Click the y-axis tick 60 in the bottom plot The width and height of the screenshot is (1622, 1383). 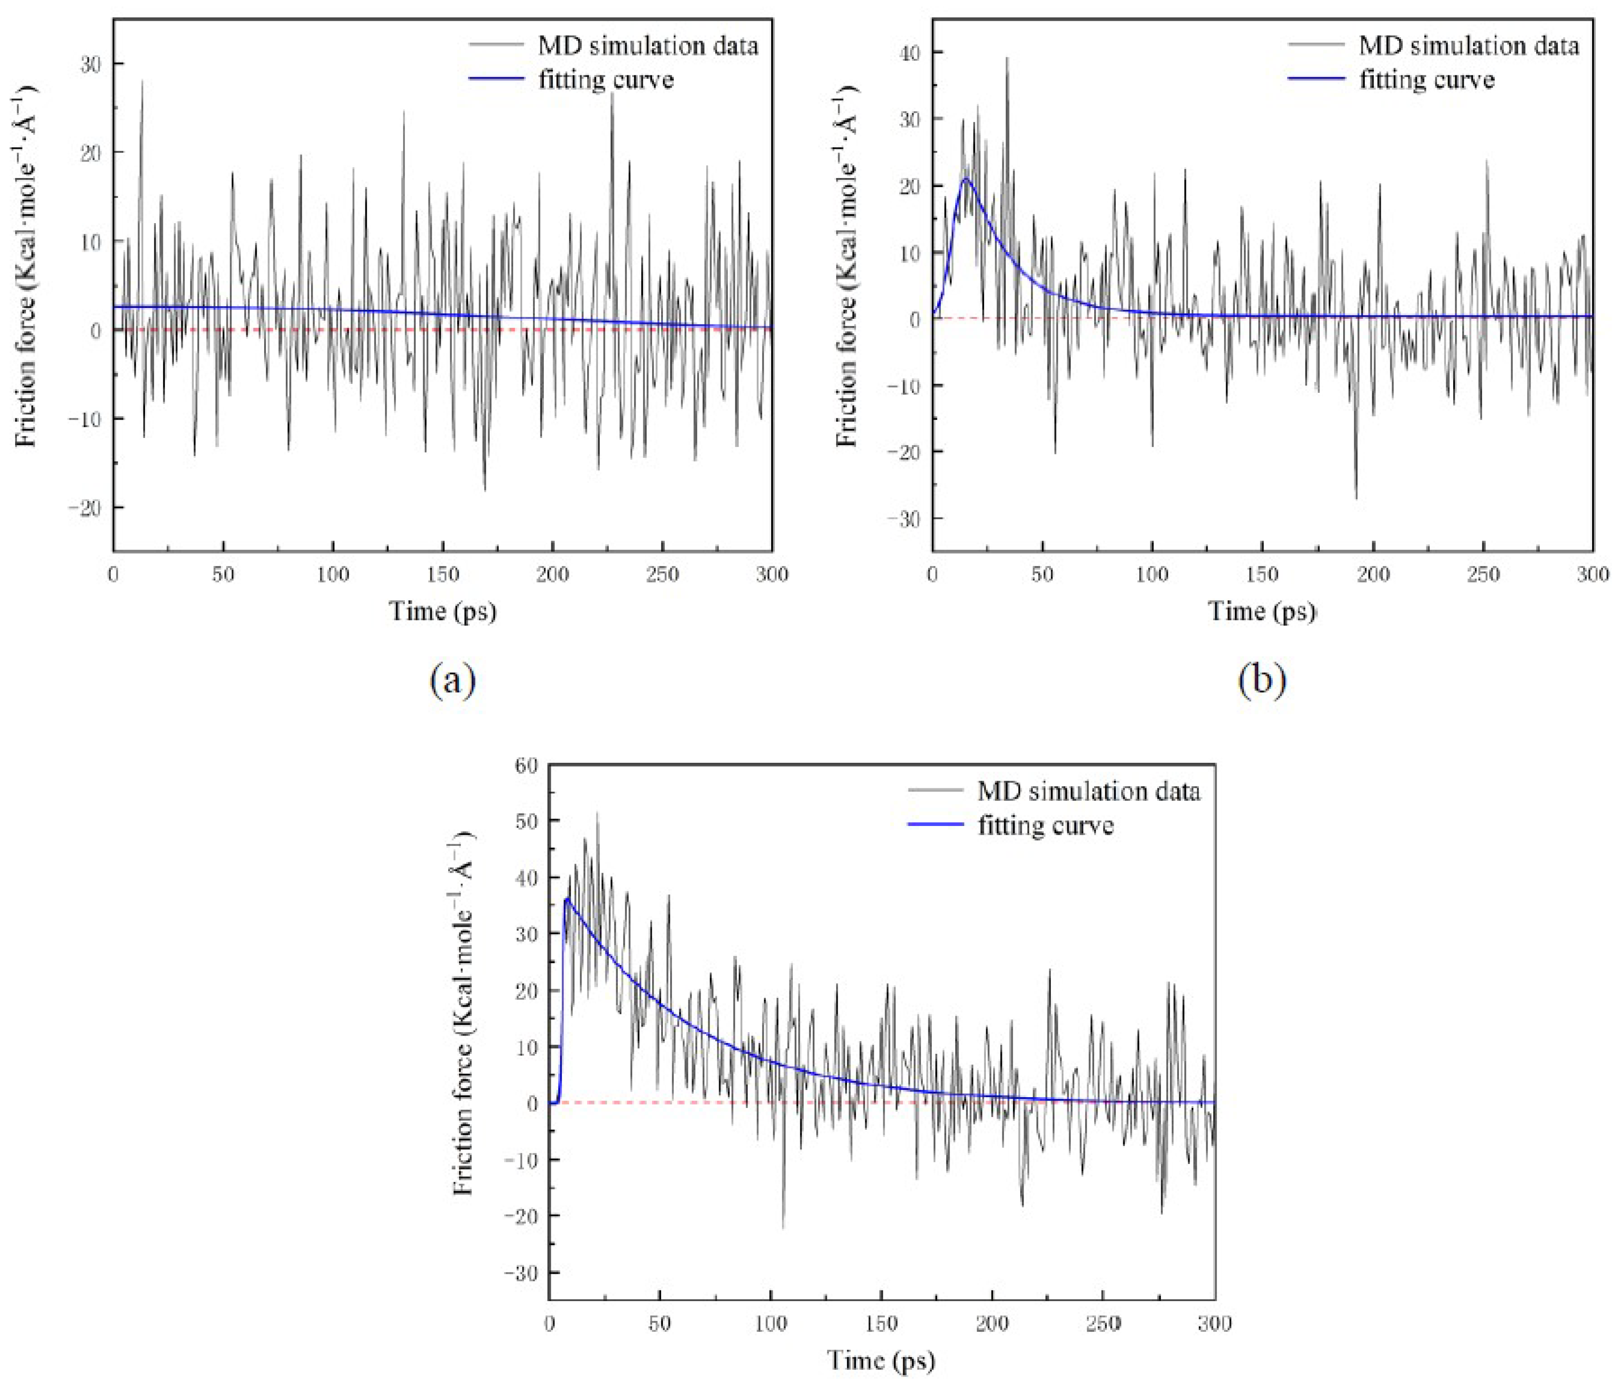(526, 765)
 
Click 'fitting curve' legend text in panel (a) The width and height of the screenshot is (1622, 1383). (606, 80)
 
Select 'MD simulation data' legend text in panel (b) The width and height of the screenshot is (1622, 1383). (1469, 45)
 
